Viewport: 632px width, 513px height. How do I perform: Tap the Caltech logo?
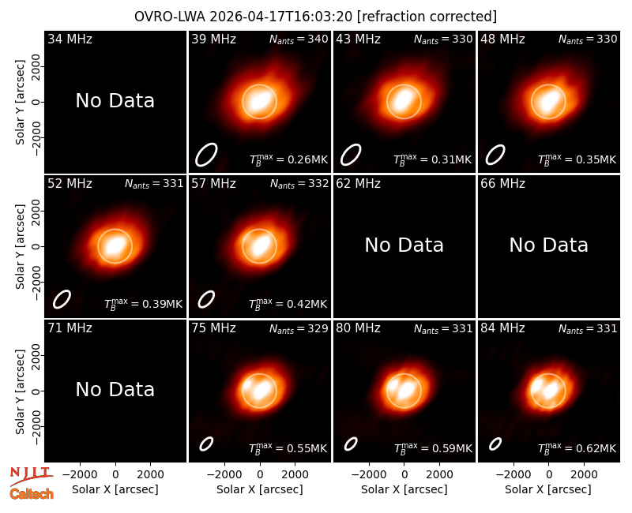coord(32,494)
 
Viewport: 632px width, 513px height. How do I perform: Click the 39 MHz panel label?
coord(213,39)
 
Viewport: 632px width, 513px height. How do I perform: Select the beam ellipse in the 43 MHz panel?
coord(351,155)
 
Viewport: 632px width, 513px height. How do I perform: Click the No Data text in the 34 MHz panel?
coord(115,101)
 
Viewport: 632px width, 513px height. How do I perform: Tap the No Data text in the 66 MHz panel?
coord(548,245)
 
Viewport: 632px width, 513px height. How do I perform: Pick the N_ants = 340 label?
coord(299,39)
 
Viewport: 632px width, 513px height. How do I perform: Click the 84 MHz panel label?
coord(502,328)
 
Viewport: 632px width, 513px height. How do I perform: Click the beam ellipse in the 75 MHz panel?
coord(206,444)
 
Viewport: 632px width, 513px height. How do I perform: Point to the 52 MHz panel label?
coord(70,184)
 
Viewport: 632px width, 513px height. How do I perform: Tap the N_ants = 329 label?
coord(299,329)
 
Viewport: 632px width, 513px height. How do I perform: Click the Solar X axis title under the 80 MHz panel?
coord(404,489)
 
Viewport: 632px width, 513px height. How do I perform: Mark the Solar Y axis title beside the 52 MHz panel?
coord(21,246)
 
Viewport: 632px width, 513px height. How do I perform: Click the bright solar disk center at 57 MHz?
coord(260,246)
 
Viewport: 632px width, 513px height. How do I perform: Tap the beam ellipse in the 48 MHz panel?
coord(495,155)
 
